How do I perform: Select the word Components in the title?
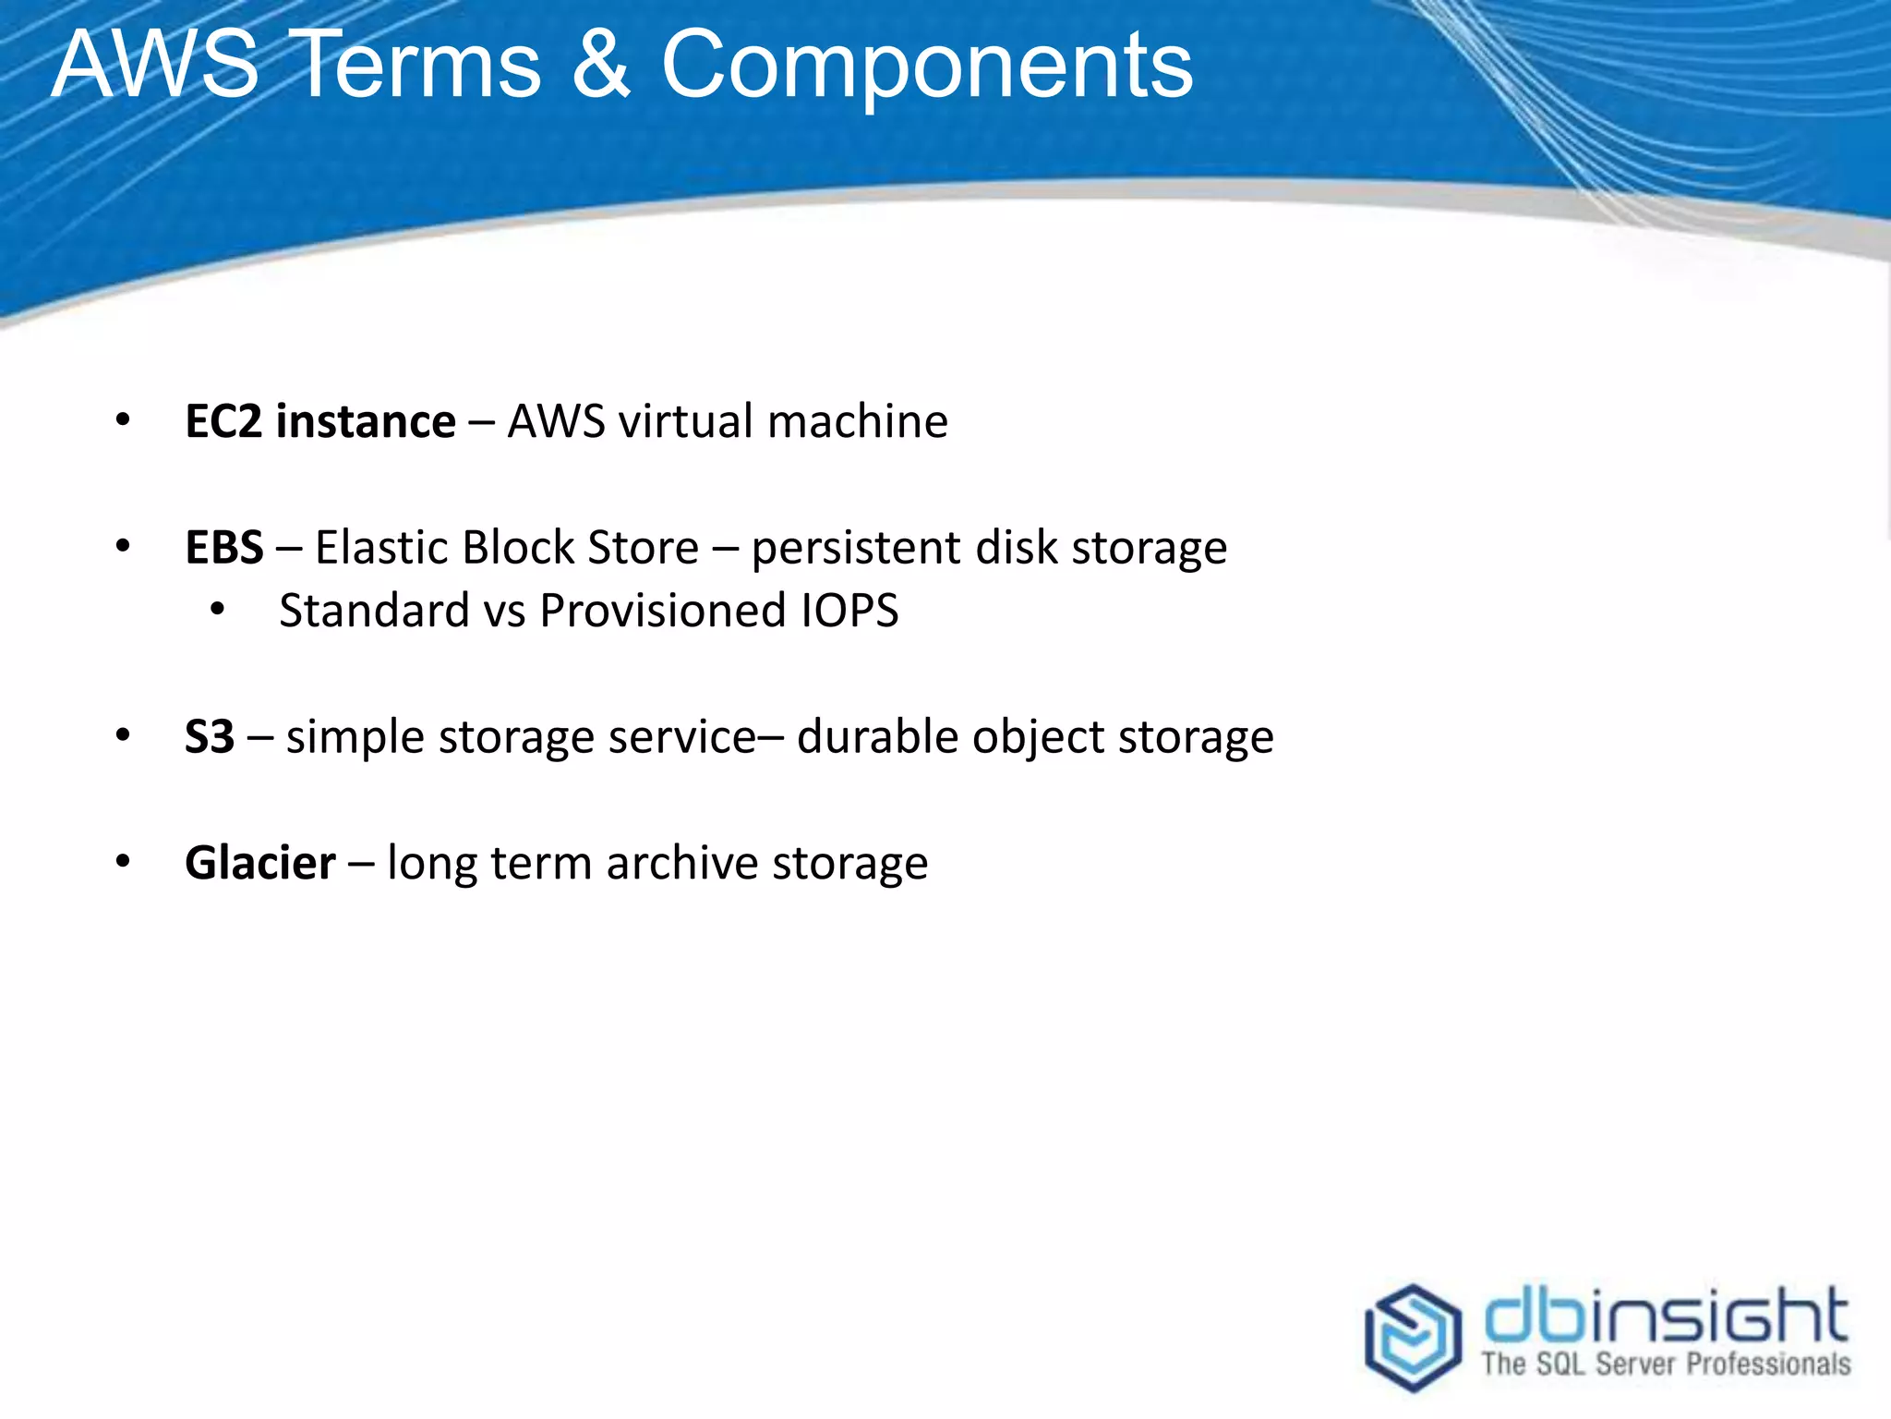pos(926,67)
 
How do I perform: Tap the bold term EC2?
pos(223,421)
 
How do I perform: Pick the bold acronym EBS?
pos(224,547)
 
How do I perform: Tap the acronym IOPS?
pos(849,611)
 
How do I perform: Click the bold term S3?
pos(210,737)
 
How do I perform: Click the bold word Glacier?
pos(260,863)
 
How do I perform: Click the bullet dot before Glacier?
pos(123,861)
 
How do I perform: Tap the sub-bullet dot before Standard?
pos(218,609)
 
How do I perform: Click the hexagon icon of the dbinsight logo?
pos(1413,1336)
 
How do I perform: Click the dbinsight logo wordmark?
pos(1665,1316)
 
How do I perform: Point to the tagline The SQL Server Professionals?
pos(1665,1364)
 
